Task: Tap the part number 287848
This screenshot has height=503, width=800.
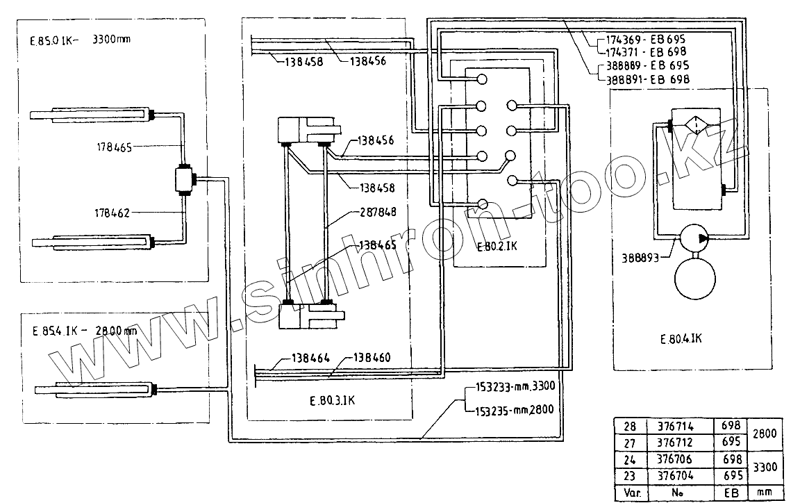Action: pyautogui.click(x=378, y=213)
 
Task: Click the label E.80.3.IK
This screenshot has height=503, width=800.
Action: pyautogui.click(x=333, y=402)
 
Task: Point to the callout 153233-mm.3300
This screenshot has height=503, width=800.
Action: pyautogui.click(x=514, y=388)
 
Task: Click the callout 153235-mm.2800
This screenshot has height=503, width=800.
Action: pyautogui.click(x=514, y=409)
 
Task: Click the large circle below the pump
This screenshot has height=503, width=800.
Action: pyautogui.click(x=695, y=277)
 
